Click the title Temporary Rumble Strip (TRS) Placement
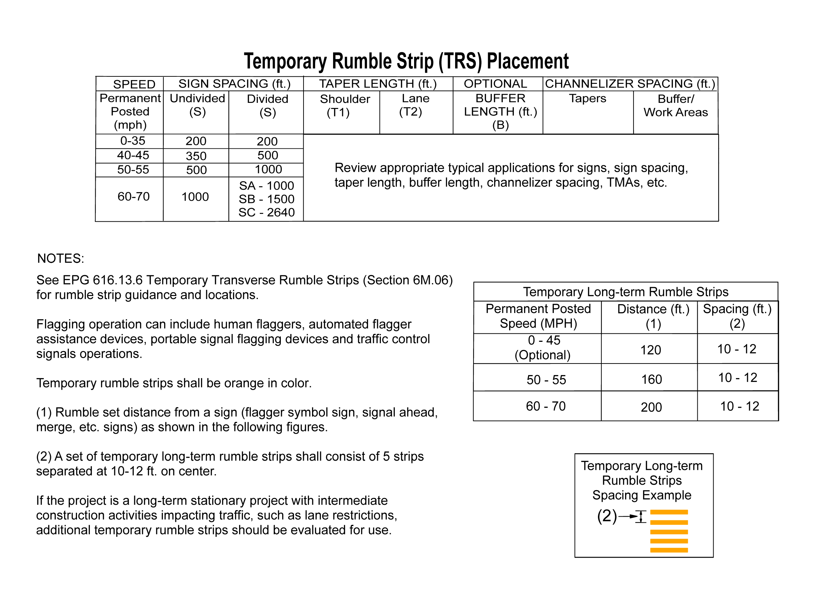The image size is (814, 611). (x=406, y=61)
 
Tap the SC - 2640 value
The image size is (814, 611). (x=267, y=212)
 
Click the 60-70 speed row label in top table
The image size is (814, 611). (x=133, y=197)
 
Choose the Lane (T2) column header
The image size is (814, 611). (x=415, y=105)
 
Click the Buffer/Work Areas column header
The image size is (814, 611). (x=676, y=106)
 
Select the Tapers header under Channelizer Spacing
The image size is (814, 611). (x=587, y=99)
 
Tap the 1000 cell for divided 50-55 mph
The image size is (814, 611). (x=268, y=169)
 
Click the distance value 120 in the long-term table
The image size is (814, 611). (x=651, y=350)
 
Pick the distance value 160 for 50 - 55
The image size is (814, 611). (x=651, y=379)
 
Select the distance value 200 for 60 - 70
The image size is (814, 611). (x=651, y=407)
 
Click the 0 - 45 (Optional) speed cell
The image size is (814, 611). (x=543, y=348)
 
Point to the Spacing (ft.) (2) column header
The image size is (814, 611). (x=737, y=316)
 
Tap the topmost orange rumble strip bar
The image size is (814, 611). (x=669, y=512)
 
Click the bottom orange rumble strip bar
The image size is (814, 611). (x=669, y=550)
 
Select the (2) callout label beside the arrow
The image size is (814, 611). (x=607, y=516)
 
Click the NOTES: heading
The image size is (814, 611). (x=61, y=259)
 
